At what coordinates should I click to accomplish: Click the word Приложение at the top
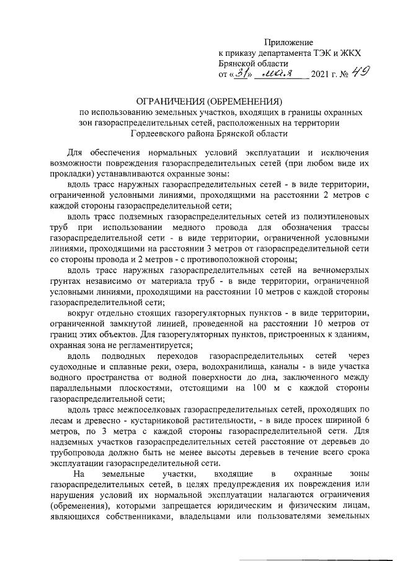[290, 43]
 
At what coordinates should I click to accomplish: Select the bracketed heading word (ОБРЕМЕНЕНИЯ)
[247, 102]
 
